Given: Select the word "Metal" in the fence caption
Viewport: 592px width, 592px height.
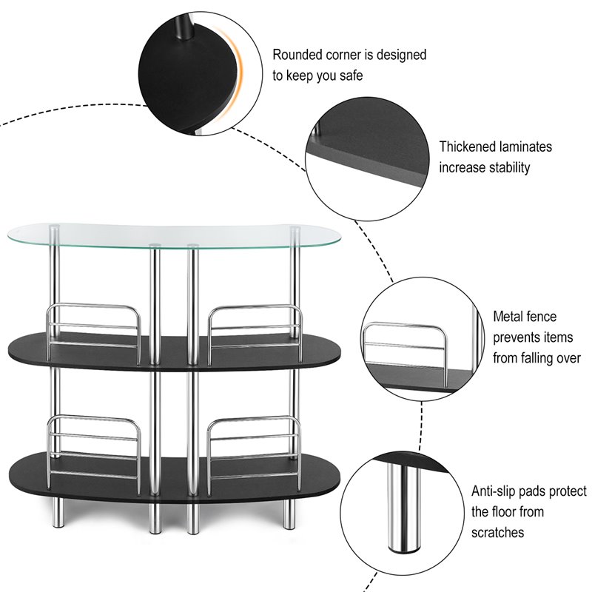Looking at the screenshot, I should (x=509, y=317).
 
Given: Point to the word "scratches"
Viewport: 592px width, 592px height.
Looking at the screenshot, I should (x=498, y=532).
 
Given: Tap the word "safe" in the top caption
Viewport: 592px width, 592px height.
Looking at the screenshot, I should (x=350, y=75).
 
